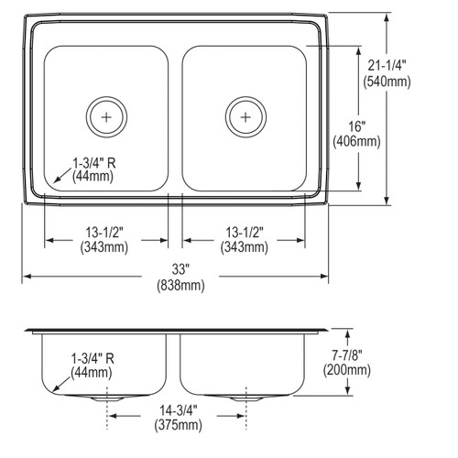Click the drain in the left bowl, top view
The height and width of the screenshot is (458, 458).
point(106,117)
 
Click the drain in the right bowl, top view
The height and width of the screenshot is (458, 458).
point(245,117)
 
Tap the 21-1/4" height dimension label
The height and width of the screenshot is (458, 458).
point(387,66)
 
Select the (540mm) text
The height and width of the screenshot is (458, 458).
point(387,82)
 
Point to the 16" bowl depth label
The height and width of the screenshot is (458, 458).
point(357,125)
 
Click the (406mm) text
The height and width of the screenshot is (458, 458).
point(356,141)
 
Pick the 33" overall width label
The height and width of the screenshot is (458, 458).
point(180,269)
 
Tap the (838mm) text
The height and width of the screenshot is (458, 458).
point(180,286)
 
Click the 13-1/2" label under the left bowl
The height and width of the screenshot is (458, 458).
point(104,233)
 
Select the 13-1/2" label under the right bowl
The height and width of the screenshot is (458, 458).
point(245,233)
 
